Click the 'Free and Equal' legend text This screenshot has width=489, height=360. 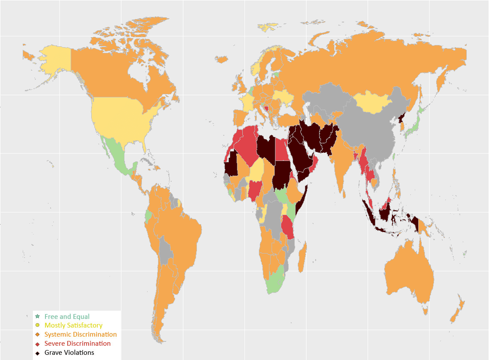(67, 317)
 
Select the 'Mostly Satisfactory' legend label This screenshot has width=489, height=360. (74, 325)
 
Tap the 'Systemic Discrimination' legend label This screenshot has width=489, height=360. (80, 334)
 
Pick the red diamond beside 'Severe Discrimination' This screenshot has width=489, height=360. (38, 344)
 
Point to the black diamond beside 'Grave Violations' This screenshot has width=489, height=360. (38, 353)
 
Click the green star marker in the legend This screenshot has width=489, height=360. (38, 317)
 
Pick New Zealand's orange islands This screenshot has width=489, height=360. (458, 309)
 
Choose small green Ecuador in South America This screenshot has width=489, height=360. (148, 215)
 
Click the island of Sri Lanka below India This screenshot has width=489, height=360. (344, 194)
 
